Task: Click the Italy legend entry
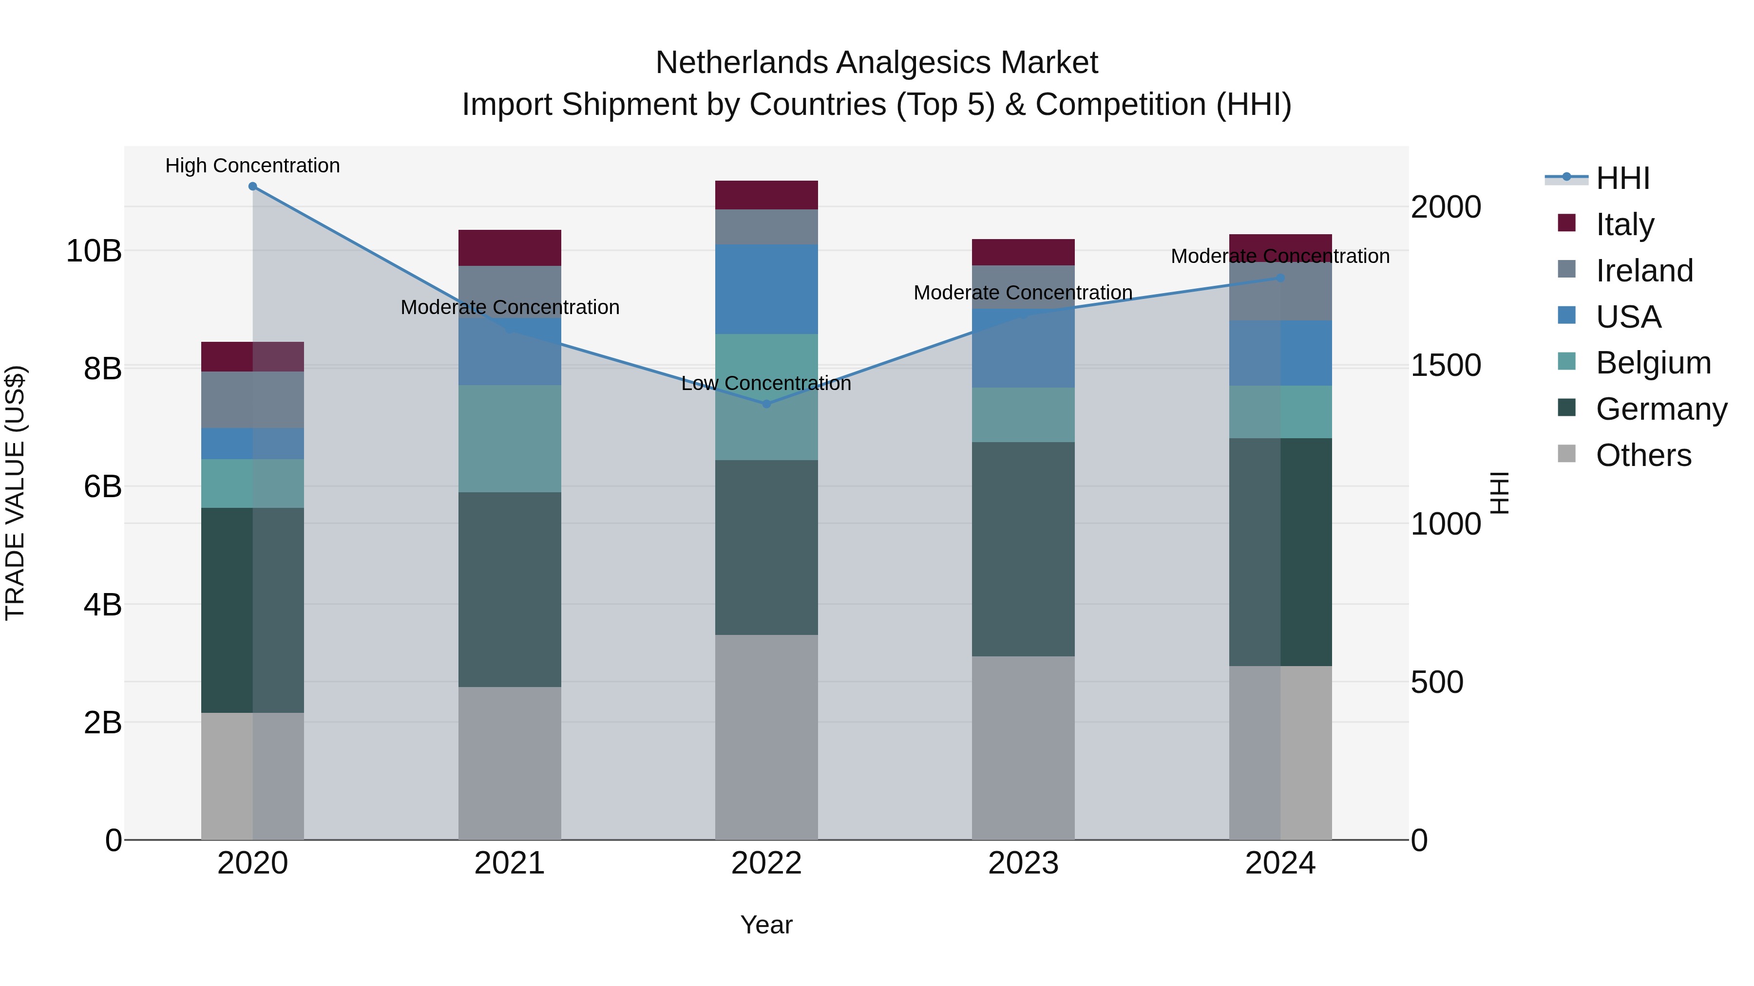pos(1624,224)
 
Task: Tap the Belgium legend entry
pos(1653,363)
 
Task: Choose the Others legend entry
pos(1643,455)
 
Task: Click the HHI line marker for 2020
pos(252,186)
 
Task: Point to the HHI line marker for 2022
pos(767,404)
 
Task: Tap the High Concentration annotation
pos(252,166)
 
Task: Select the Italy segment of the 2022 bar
pos(767,195)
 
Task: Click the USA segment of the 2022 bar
pos(767,289)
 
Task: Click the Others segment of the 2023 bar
pos(1023,748)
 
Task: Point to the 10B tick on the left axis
pos(94,251)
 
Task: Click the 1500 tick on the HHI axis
pos(1446,365)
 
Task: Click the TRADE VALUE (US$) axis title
pos(15,493)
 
